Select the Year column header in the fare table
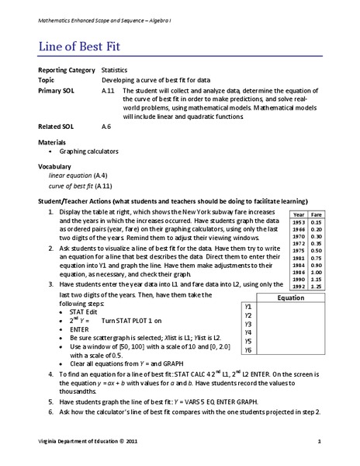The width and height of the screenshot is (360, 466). pyautogui.click(x=298, y=214)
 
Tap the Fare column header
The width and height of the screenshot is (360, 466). pyautogui.click(x=316, y=214)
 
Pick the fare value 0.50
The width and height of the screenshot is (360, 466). pyautogui.click(x=316, y=250)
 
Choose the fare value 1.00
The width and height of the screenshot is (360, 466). pyautogui.click(x=316, y=272)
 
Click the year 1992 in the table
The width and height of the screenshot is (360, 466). pyautogui.click(x=298, y=287)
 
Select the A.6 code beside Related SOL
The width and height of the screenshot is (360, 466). pyautogui.click(x=107, y=125)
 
